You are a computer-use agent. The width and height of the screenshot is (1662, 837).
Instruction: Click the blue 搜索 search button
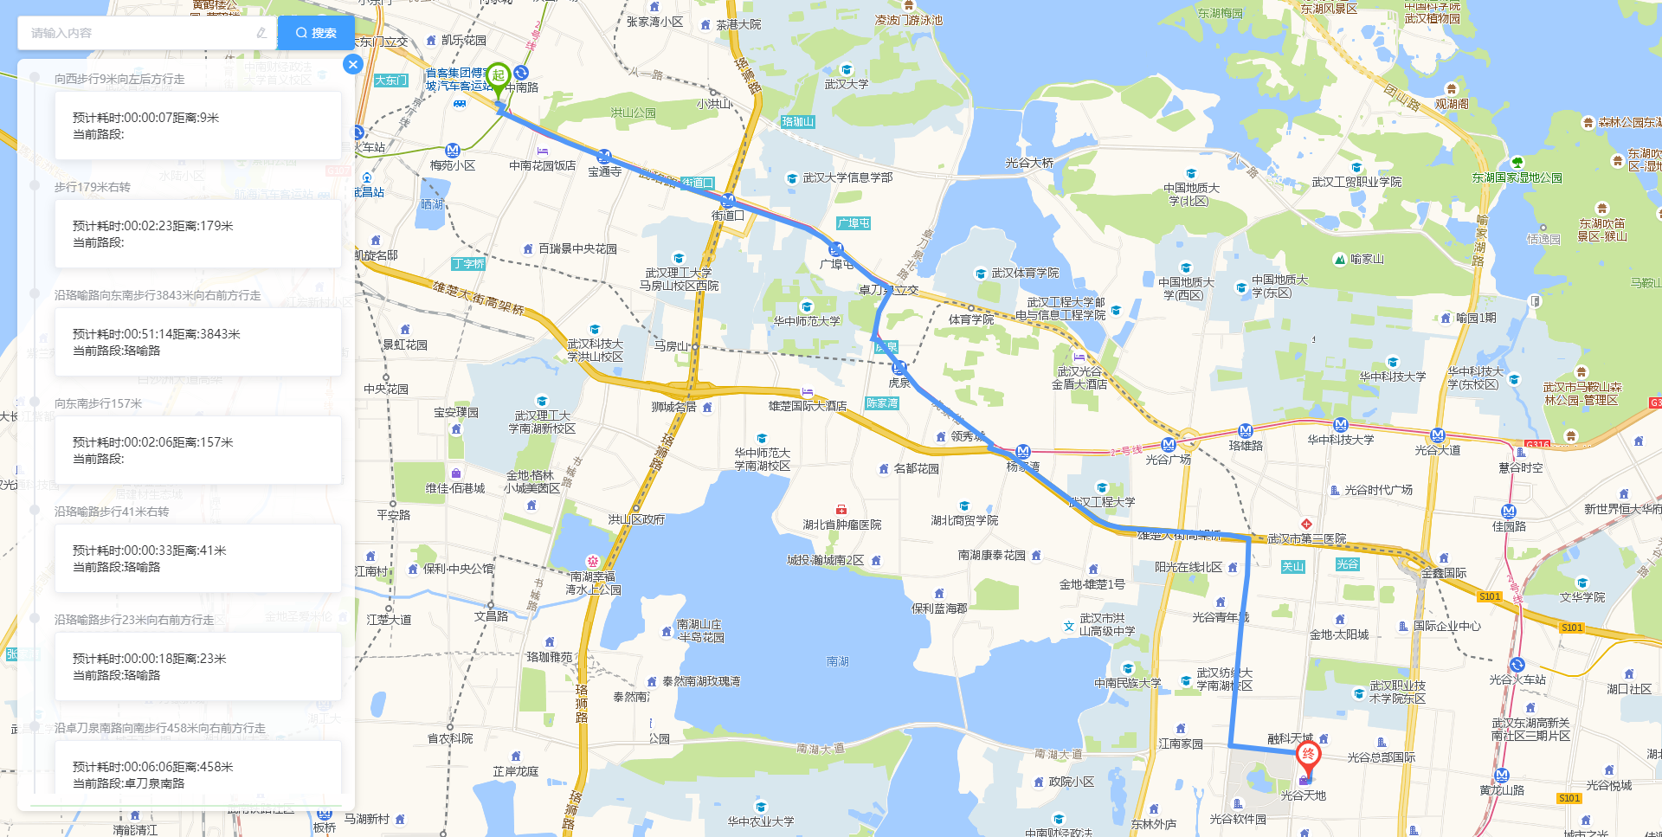coord(316,33)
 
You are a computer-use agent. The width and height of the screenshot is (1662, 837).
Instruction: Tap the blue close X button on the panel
coord(352,64)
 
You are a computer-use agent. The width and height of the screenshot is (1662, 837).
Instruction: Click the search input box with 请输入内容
coord(143,33)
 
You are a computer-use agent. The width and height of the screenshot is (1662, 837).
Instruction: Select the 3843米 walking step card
coord(198,342)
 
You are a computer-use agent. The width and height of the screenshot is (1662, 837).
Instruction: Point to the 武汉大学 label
coord(846,84)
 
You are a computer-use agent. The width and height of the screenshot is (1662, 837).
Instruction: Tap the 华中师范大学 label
coord(807,321)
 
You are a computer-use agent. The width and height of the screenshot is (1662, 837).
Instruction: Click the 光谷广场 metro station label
coord(1168,460)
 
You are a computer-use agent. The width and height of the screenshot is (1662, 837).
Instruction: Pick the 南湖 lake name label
coord(837,661)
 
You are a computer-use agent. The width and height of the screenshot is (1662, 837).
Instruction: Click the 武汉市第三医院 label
coord(1306,538)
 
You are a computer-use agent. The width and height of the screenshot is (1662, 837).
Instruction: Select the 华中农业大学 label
coord(760,821)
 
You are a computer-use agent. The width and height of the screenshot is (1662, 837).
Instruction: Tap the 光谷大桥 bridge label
coord(1029,163)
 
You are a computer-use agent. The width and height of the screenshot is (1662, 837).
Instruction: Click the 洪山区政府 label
coord(636,519)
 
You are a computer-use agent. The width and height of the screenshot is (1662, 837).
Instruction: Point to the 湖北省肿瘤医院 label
coord(841,525)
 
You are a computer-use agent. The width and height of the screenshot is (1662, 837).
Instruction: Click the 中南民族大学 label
coord(1127,683)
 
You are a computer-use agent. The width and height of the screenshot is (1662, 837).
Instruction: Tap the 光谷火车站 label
coord(1517,679)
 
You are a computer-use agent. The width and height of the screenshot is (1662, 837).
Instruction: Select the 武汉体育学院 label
coord(1025,273)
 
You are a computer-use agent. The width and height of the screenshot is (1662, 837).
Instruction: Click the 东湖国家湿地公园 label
coord(1517,177)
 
